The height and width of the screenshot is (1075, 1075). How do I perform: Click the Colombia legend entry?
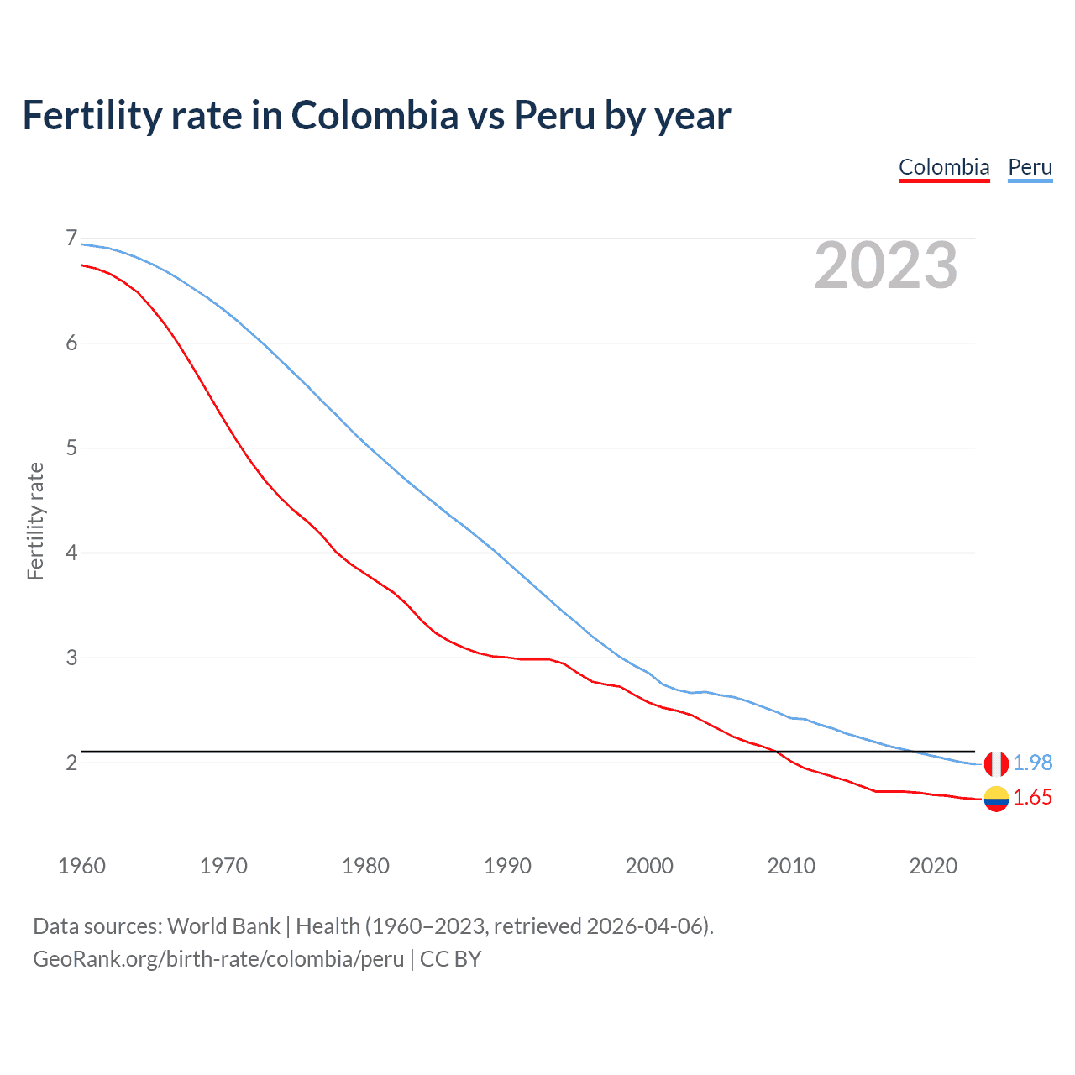(944, 167)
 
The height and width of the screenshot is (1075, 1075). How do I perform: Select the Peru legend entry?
(1030, 167)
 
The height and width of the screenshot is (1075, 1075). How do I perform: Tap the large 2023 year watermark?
(885, 265)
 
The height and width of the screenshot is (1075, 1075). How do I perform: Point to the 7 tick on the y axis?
(71, 239)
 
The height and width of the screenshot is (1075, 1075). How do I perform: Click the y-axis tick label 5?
(71, 448)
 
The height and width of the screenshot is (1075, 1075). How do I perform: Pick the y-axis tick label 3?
(71, 658)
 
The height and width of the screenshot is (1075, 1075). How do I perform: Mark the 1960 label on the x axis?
(81, 866)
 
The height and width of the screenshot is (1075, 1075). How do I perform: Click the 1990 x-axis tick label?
(507, 866)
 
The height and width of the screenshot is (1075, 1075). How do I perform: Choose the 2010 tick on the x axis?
(791, 866)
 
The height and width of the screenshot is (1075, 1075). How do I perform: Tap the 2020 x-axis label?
(933, 866)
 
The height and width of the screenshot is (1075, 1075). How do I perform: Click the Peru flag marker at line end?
(996, 763)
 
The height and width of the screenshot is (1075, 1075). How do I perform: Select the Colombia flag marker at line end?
(996, 799)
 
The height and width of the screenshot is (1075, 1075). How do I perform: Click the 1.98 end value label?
(1032, 763)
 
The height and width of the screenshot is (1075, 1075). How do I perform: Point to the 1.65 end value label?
(1032, 798)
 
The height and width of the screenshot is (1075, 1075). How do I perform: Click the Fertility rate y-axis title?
(35, 521)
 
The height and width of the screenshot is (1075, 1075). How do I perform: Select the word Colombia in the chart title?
(375, 115)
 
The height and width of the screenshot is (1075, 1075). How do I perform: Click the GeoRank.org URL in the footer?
(218, 959)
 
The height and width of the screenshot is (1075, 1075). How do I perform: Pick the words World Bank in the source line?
(223, 926)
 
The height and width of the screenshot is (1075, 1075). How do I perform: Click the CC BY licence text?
(450, 959)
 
